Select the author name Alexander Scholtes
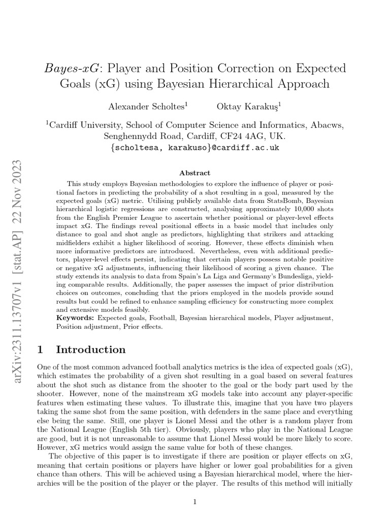[x=144, y=106]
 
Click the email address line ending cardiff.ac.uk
[x=194, y=148]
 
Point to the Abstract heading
[x=194, y=173]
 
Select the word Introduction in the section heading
[x=91, y=350]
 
